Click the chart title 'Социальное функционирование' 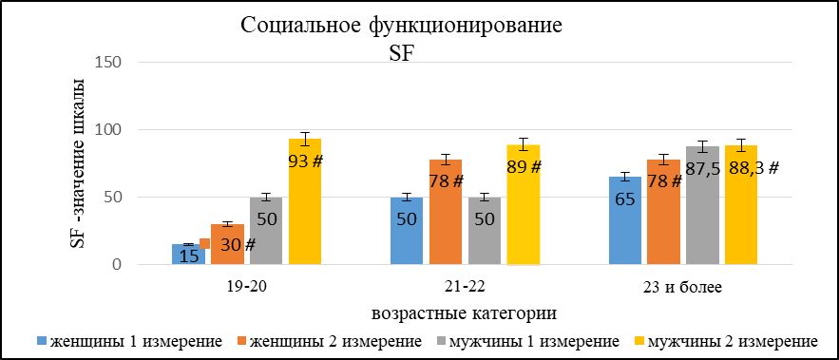click(401, 26)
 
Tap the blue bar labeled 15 click(188, 255)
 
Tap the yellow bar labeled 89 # click(524, 205)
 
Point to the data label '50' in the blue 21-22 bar click(407, 219)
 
